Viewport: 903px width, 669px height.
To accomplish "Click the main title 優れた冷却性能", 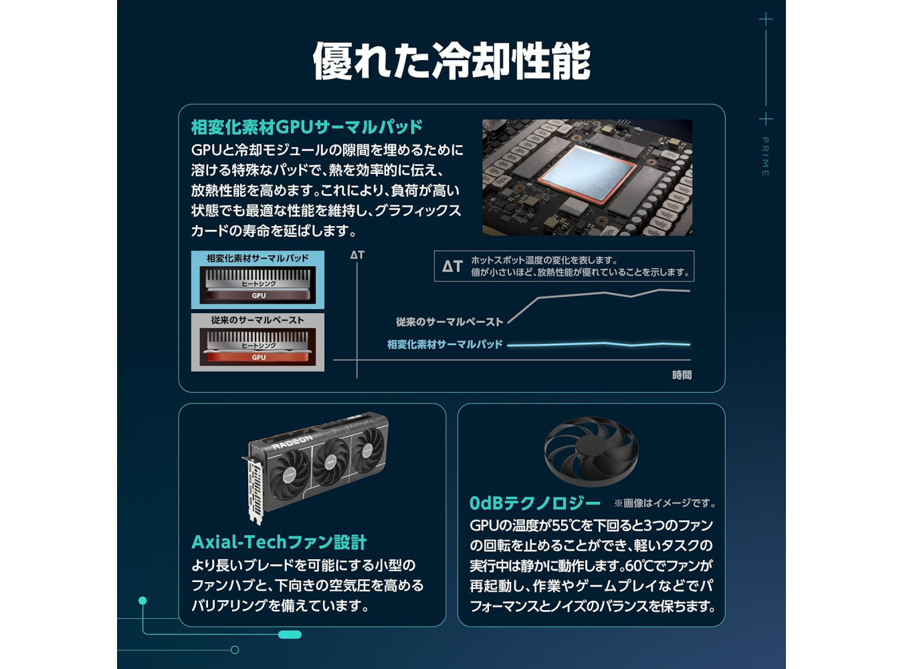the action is coord(451,61).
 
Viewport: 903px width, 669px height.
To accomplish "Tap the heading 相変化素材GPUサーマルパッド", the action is coord(307,127).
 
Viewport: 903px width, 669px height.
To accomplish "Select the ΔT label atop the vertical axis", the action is coord(357,255).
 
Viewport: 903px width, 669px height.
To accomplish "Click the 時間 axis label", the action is coord(682,375).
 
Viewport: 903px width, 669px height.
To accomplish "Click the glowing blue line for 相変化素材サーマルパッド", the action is coord(599,345).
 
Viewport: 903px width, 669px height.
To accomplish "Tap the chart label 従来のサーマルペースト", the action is coord(449,322).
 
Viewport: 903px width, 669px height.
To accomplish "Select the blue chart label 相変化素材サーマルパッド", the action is coord(445,345).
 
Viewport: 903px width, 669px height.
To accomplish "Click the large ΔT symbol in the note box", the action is coord(452,266).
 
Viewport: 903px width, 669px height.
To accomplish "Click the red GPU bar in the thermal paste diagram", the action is coord(258,357).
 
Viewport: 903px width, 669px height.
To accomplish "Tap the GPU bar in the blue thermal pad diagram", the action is coord(258,295).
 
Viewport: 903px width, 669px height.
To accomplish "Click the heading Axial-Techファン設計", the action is coord(279,542).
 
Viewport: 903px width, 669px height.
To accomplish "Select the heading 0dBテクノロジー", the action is coord(535,503).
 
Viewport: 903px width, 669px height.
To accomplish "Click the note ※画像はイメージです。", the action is coord(666,503).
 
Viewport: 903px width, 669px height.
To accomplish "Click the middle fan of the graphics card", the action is coord(330,462).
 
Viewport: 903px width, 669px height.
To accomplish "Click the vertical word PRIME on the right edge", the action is coord(765,157).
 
